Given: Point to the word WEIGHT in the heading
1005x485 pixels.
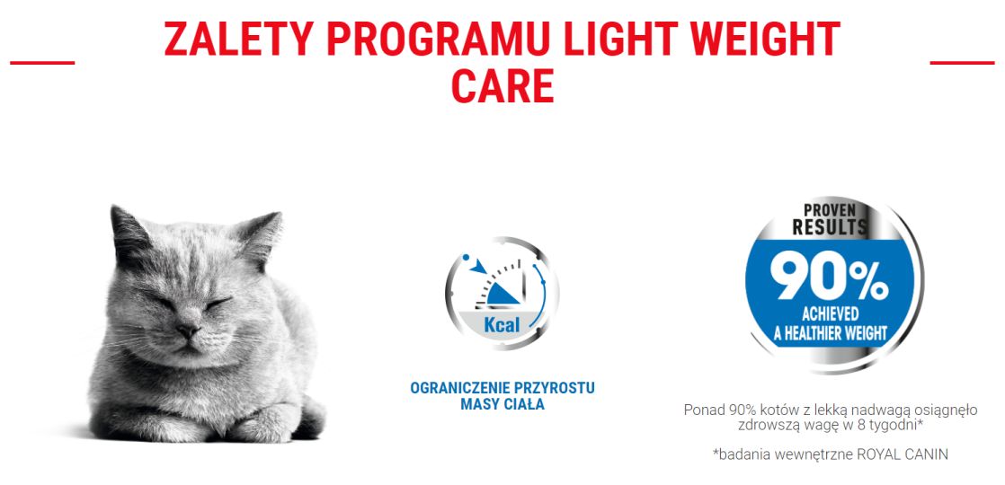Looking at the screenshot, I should coord(756,40).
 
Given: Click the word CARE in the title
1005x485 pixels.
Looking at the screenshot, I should coord(502,87).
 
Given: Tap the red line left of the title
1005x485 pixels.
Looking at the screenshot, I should coord(41,63).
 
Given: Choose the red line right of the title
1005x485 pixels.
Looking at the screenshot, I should coord(962,63).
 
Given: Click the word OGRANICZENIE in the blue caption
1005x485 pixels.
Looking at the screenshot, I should coord(459,388).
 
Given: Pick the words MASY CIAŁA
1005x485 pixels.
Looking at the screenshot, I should coord(502,404).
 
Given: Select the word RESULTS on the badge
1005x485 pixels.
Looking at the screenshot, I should coord(829,228).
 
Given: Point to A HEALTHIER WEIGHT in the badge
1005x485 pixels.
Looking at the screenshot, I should coord(832,333).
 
